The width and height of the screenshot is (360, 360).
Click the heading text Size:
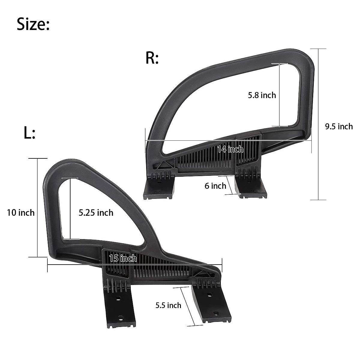pos(33,24)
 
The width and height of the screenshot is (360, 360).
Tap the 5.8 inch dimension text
pos(262,95)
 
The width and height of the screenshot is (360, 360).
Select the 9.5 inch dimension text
pos(339,126)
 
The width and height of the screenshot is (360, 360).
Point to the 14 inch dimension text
pos(230,149)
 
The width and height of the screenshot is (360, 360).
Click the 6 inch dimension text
pos(215,186)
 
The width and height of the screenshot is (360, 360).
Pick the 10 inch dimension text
pos(21,213)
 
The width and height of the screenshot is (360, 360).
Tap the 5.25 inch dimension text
pos(96,213)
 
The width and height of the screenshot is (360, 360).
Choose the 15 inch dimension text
pos(123,258)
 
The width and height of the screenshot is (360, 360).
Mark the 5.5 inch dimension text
pos(168,305)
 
